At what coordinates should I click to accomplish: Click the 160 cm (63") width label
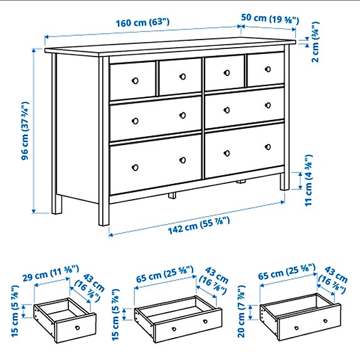[142, 23]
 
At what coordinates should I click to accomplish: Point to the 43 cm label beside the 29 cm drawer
[85, 284]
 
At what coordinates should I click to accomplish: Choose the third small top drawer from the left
[224, 72]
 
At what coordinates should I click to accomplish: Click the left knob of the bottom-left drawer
[134, 167]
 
